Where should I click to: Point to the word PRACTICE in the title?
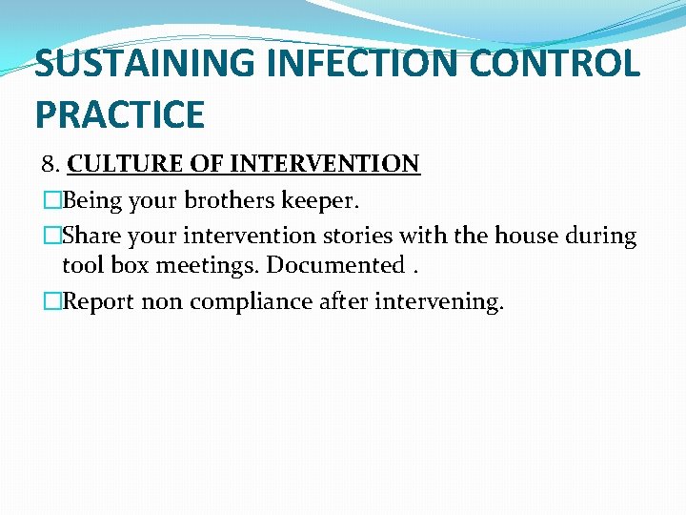pos(120,115)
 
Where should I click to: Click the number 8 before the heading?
pos(48,164)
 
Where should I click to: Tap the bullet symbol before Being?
pos(51,201)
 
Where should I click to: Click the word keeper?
pos(326,201)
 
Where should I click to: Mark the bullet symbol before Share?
pos(51,236)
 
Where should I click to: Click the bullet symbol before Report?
pos(51,301)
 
